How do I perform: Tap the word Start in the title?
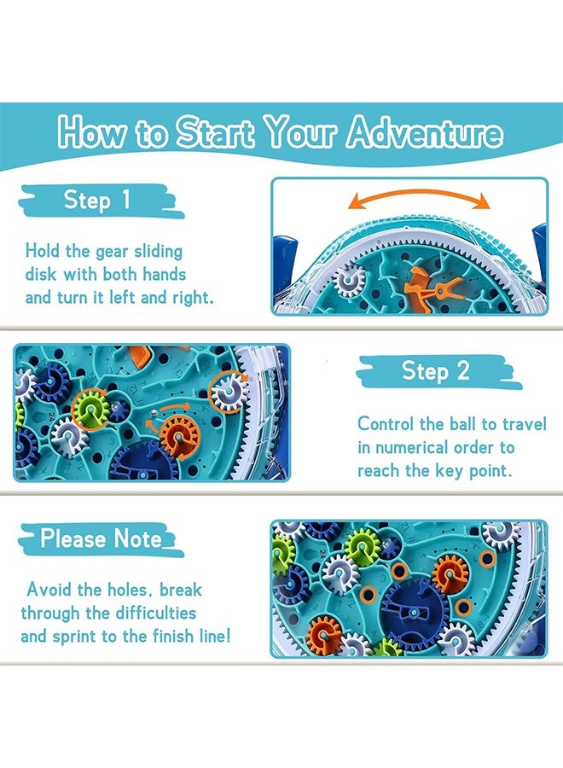(215, 134)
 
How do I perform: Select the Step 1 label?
(97, 201)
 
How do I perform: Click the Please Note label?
(101, 539)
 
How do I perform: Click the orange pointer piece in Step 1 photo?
(424, 282)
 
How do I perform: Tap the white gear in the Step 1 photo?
(349, 278)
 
